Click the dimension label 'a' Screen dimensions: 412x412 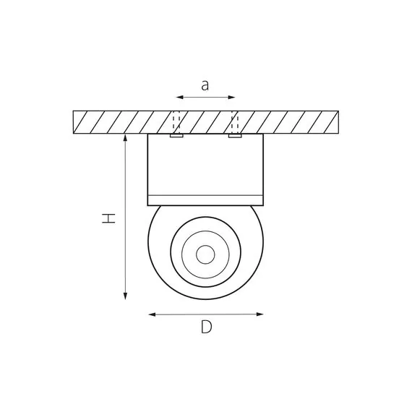coord(205,85)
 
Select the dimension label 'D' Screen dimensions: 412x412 coord(207,327)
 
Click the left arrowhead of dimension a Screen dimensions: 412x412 coord(179,97)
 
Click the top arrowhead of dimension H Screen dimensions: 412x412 coord(126,137)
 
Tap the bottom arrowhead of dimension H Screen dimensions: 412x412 coord(126,296)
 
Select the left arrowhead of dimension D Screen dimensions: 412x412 coord(151,314)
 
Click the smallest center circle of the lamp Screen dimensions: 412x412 coord(205,254)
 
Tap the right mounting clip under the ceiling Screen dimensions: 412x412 coord(234,135)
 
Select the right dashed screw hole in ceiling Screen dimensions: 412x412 coord(234,121)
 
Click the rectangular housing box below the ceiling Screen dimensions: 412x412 coord(205,165)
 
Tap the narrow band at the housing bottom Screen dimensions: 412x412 coord(205,200)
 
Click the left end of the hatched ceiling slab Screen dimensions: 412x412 coord(75,121)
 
